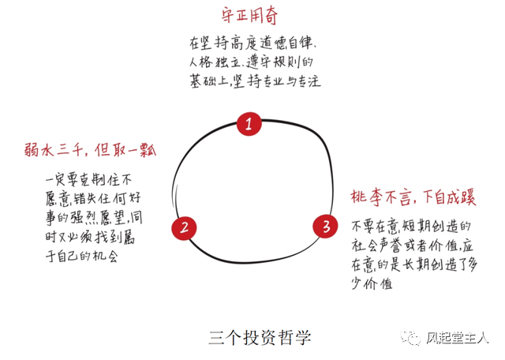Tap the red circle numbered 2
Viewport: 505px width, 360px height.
pos(184,227)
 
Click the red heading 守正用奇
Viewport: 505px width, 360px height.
pos(254,15)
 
